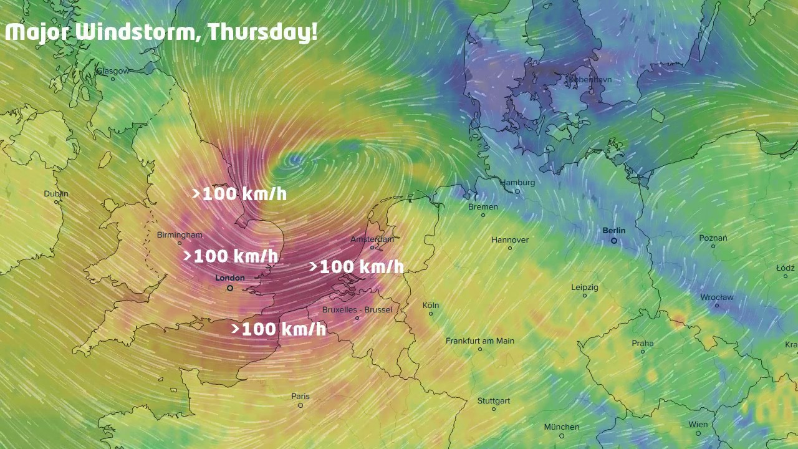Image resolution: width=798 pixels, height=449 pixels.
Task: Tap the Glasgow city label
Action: (x=112, y=71)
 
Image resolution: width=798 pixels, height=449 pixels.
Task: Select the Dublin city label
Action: (x=56, y=194)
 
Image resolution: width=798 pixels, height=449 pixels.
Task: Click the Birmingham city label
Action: (x=180, y=235)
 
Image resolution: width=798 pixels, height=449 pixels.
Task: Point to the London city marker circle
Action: (x=230, y=288)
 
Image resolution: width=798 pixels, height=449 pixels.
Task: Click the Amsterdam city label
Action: (x=372, y=239)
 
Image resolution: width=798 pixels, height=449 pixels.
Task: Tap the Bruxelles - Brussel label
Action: (x=357, y=310)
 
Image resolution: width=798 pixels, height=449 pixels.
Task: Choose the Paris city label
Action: (x=300, y=397)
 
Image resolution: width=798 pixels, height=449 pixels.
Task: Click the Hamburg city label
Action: (x=517, y=183)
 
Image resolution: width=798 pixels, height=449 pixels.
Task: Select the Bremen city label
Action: (x=483, y=207)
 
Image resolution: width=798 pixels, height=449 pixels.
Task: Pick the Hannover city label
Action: (x=509, y=240)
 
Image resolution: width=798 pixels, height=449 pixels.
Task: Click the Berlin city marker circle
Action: (x=614, y=241)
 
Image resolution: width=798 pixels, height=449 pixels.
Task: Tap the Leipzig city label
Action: (x=584, y=287)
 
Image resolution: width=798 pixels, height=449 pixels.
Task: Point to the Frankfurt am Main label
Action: (x=479, y=341)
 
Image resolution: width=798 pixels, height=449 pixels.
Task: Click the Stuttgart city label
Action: (x=493, y=401)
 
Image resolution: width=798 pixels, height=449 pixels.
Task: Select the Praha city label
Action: (x=643, y=344)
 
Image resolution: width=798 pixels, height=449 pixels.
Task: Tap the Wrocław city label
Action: (x=716, y=297)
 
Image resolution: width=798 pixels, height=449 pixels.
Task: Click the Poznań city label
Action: (x=713, y=238)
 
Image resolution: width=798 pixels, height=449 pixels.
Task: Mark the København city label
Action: (x=589, y=80)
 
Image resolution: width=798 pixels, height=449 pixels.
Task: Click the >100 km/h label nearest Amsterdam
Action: (x=357, y=267)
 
